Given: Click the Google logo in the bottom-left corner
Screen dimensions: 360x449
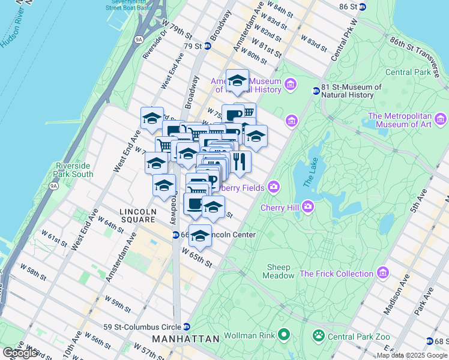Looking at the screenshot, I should tap(20, 353).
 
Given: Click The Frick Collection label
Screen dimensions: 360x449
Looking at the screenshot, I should tap(336, 274).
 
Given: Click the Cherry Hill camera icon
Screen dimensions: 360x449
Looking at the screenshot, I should tap(308, 207).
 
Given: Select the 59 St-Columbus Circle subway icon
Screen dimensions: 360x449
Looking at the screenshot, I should tap(187, 327).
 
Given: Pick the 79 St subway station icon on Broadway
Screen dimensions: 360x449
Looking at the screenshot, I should tap(208, 46).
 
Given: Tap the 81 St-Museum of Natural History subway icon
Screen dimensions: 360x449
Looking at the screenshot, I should tap(316, 91).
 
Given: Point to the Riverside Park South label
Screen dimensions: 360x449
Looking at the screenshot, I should tap(74, 170).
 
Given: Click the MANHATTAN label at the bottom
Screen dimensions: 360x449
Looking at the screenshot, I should tap(185, 339).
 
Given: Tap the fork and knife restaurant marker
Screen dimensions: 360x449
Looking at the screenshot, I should tap(240, 161).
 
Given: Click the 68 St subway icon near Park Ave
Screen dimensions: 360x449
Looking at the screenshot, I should tap(429, 341).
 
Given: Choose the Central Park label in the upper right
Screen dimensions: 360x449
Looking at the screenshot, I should tap(408, 72).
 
